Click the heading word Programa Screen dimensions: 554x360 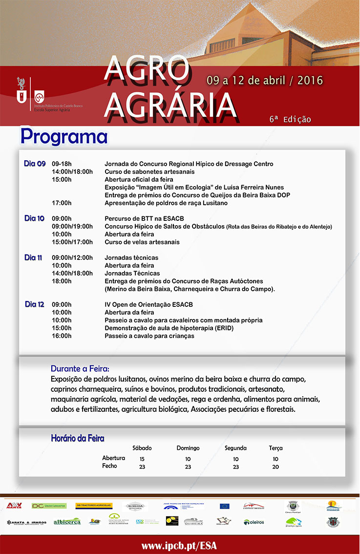(x=64, y=136)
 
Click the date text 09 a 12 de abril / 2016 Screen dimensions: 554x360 (x=264, y=80)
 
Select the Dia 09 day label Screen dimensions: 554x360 (x=35, y=164)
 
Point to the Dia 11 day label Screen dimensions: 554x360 (x=33, y=257)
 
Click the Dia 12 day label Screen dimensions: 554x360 (x=35, y=304)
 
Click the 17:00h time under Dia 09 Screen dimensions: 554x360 (x=62, y=203)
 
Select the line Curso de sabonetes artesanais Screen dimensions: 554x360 (x=149, y=171)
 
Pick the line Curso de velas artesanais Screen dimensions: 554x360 (x=142, y=242)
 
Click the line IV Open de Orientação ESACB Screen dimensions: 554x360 (x=148, y=304)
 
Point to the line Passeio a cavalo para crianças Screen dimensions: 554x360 (x=149, y=336)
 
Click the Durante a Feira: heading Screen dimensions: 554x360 (x=80, y=368)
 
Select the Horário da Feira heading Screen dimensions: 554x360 (x=78, y=438)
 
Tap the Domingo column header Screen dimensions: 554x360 (x=188, y=448)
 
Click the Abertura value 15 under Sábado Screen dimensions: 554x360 (x=142, y=459)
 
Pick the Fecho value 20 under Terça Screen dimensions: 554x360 (x=275, y=467)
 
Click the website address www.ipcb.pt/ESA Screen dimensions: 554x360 (x=179, y=545)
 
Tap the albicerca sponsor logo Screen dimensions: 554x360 (x=67, y=522)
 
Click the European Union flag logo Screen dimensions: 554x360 (x=224, y=506)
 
